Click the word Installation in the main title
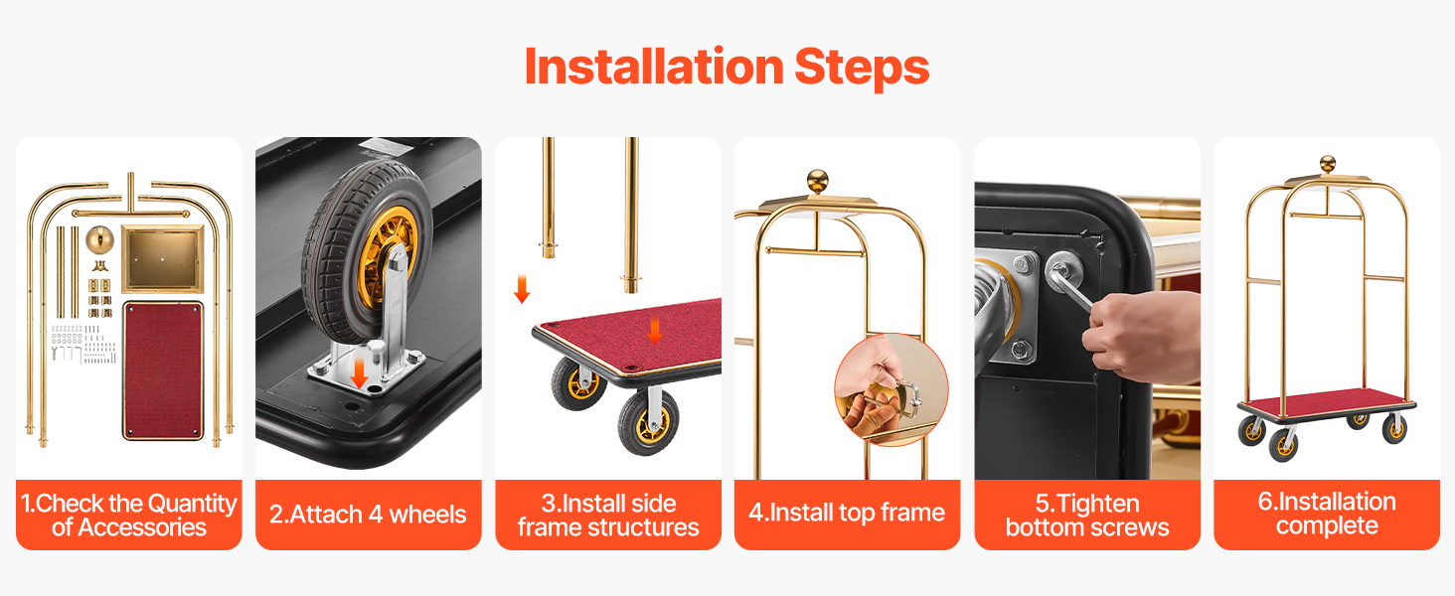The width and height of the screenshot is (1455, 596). pos(654,67)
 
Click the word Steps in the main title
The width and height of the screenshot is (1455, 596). pos(862,69)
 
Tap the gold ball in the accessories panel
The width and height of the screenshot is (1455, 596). pos(100,239)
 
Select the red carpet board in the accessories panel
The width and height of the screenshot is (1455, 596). pos(163,371)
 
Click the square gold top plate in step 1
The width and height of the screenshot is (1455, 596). pos(162,258)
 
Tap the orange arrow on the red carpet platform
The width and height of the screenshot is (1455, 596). pos(655,331)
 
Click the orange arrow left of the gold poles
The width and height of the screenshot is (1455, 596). pos(522,289)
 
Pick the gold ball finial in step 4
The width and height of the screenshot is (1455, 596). pos(818,181)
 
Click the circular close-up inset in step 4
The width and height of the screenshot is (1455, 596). pos(891,389)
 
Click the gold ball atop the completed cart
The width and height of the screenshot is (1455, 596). pos(1328,164)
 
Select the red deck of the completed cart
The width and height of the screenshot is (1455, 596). pos(1327,402)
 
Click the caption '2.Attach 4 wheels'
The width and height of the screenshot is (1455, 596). pos(368,515)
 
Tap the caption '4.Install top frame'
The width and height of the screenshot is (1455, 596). pos(847,513)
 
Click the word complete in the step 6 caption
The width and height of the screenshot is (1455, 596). pos(1327,526)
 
